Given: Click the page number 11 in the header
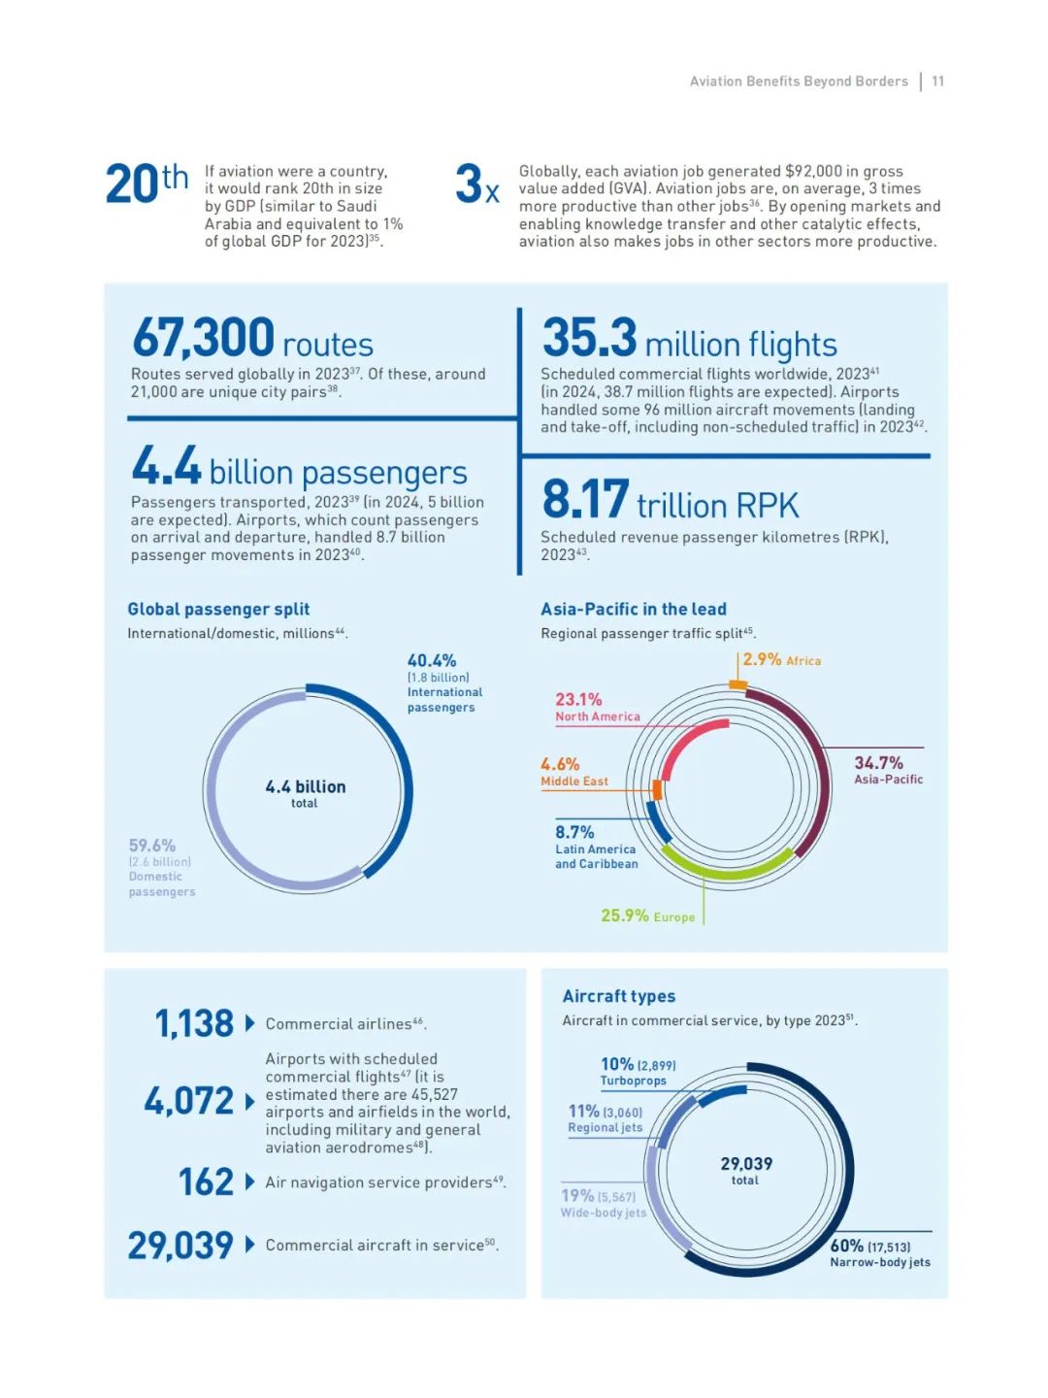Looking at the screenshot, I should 937,82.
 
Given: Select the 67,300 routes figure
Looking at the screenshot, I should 204,339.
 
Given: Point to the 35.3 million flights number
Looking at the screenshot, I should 590,339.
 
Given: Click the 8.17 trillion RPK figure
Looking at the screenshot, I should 586,500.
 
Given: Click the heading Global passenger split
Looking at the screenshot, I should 218,610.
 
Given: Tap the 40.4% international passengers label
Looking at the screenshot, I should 432,661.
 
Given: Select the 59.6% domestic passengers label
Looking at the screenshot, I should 152,847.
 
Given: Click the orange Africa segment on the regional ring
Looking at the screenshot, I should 737,685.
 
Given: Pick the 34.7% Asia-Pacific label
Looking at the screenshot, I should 878,764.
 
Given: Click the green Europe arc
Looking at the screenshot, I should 728,870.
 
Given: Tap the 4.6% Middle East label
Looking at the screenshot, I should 560,765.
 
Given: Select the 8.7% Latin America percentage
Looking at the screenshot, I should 574,833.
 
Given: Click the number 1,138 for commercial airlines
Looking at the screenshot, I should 194,1023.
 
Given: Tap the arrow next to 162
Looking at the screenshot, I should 249,1182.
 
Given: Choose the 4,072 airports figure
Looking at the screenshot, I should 189,1101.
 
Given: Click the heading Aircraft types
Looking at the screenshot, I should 619,996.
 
